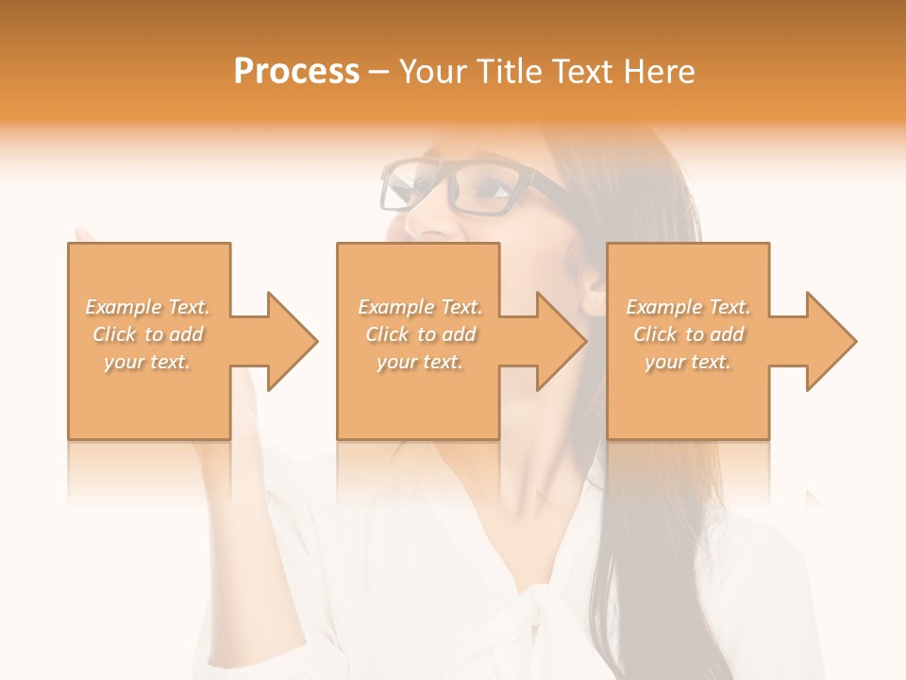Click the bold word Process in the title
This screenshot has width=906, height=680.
(x=296, y=72)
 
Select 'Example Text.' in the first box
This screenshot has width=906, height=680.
(x=148, y=307)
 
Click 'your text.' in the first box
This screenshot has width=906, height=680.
(x=148, y=362)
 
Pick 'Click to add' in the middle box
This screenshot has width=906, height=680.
(x=420, y=334)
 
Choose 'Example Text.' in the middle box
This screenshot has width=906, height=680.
(x=420, y=307)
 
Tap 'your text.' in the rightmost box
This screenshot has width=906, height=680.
(x=688, y=362)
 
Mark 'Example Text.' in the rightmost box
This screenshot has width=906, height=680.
(x=688, y=307)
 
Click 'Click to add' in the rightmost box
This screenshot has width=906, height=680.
(x=688, y=334)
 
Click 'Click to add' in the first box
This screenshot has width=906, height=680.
(x=148, y=334)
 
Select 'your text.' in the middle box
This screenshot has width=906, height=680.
(x=420, y=362)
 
